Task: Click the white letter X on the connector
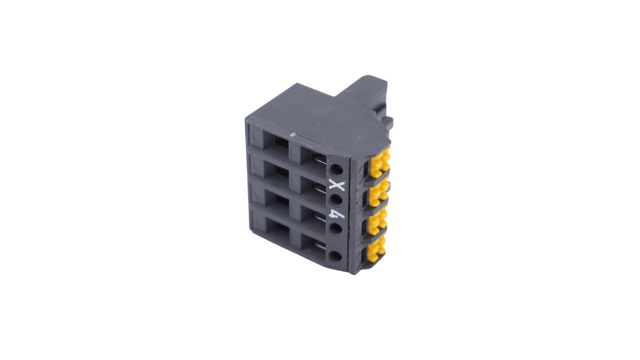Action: tap(337, 186)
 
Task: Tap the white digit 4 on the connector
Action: tap(336, 214)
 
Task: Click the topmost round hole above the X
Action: tap(336, 169)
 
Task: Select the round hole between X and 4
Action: tap(336, 200)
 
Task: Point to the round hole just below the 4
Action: tap(336, 228)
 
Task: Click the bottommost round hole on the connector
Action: tap(336, 256)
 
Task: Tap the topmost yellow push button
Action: tap(380, 161)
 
